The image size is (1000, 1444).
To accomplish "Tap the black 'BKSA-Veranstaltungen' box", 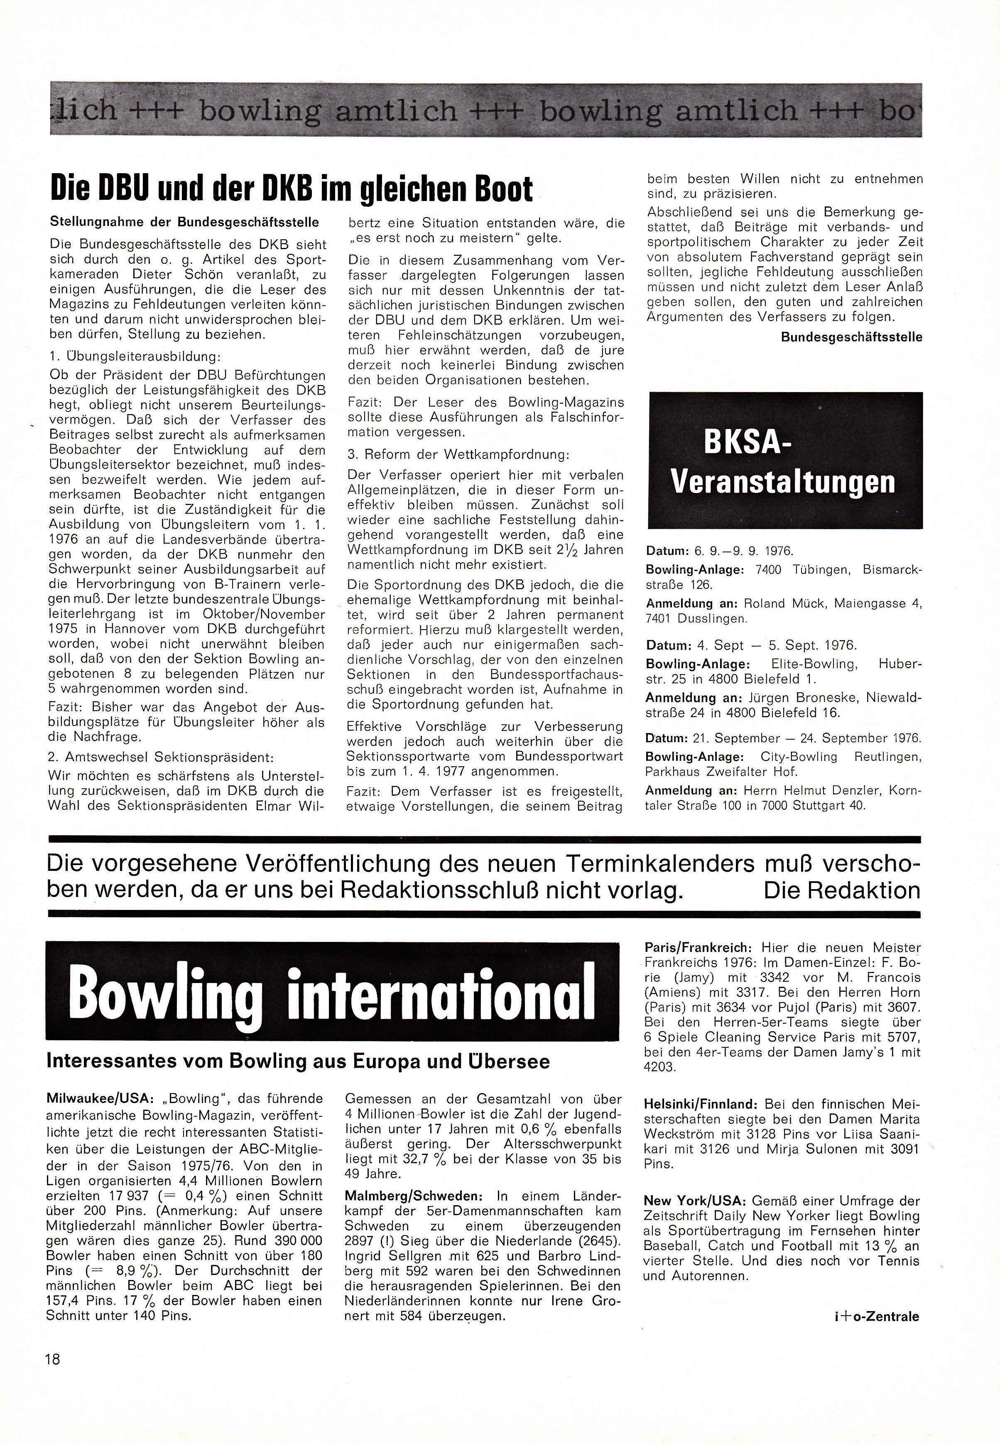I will point(784,461).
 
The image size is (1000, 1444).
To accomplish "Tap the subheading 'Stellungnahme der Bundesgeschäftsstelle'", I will point(185,223).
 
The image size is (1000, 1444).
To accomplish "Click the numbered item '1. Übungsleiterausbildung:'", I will point(134,356).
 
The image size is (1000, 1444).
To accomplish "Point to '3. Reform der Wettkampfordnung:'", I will point(458,454).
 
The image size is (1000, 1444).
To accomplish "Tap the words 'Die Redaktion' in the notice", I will point(841,890).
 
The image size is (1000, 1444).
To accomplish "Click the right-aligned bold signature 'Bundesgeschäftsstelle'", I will point(851,337).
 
